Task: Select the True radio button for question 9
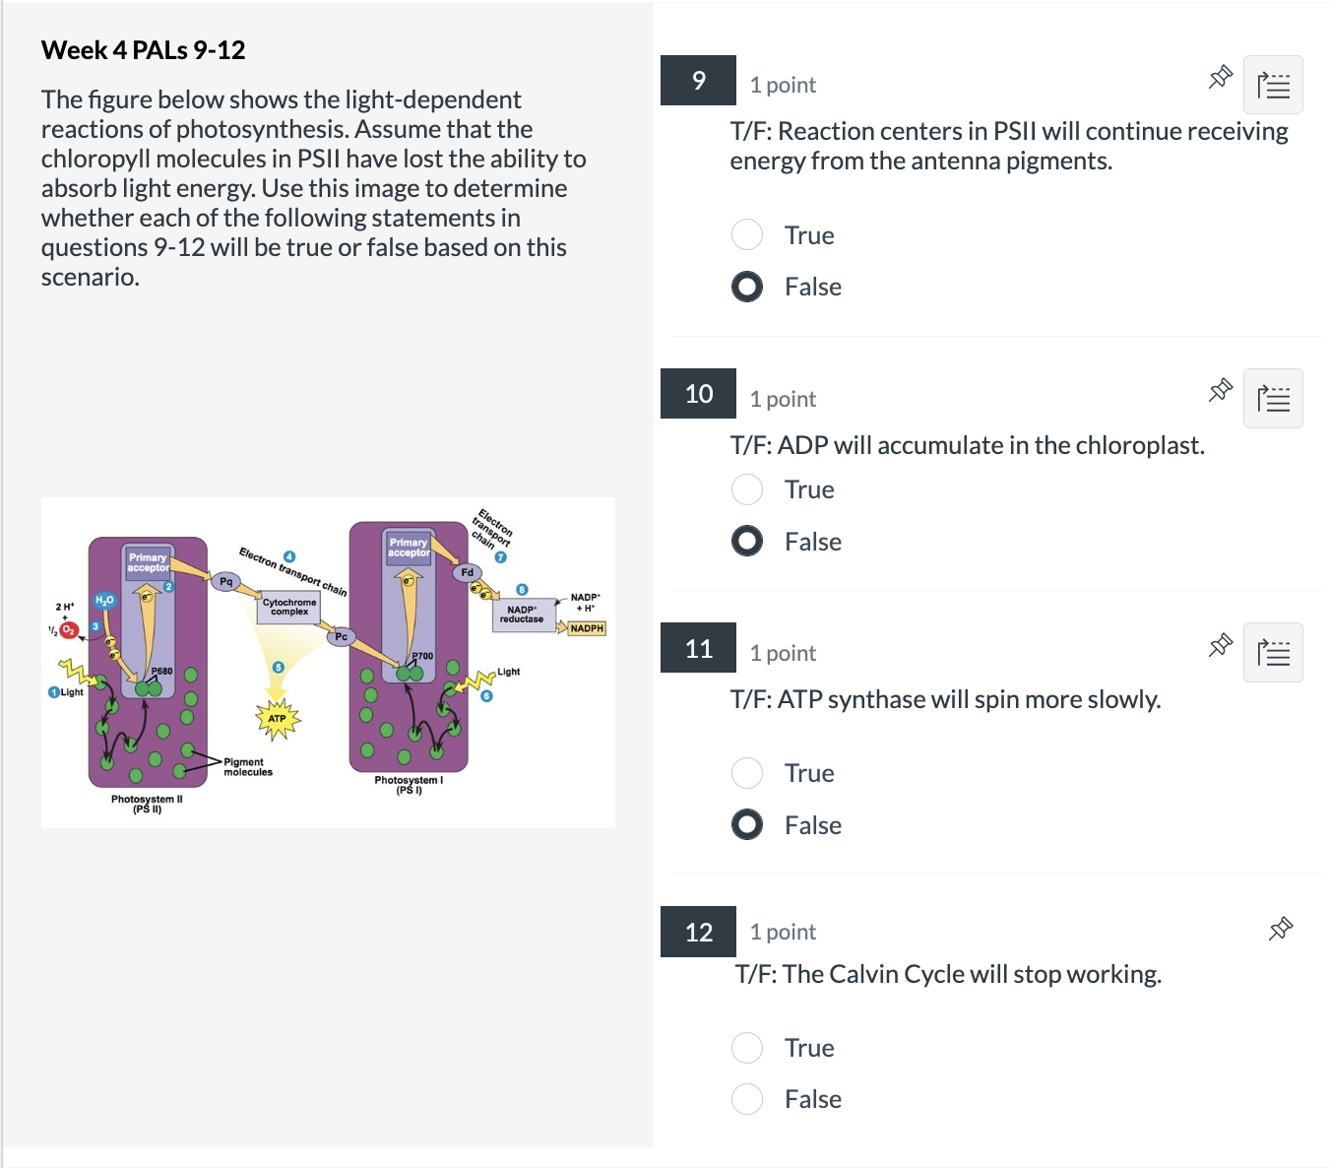[747, 234]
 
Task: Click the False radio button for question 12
[747, 1098]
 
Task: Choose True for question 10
[747, 488]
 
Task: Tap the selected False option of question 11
[747, 824]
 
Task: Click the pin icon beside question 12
[1280, 929]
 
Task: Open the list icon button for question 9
[1273, 85]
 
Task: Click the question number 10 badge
[698, 394]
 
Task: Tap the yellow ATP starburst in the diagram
[278, 719]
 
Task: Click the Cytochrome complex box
[289, 608]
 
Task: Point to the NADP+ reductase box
[521, 615]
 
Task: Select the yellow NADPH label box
[587, 628]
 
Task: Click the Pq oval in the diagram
[226, 582]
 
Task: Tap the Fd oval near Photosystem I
[468, 572]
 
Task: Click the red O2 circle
[68, 629]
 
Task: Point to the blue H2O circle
[104, 600]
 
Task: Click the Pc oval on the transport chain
[341, 637]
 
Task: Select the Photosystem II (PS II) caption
[147, 804]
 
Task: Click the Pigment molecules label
[247, 767]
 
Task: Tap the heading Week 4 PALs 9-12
[143, 50]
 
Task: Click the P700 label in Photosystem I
[422, 656]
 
